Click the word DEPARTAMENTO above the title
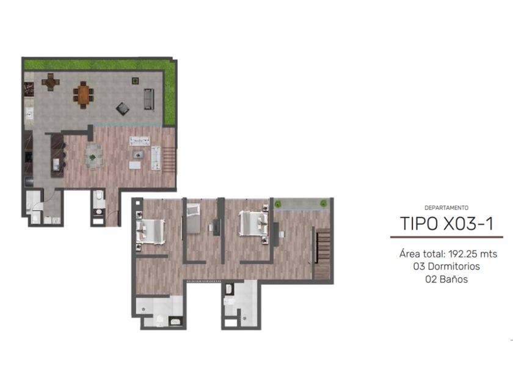[446, 208]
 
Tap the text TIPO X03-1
[446, 224]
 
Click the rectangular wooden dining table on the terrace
[83, 95]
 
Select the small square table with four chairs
[50, 82]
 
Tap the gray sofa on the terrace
[149, 99]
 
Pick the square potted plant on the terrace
[135, 81]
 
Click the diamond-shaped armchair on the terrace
[123, 109]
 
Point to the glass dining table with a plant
[93, 157]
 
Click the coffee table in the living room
[138, 154]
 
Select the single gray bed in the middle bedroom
[194, 218]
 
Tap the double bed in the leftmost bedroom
[150, 232]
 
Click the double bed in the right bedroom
[254, 223]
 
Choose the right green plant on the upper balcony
[323, 204]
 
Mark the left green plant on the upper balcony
[278, 204]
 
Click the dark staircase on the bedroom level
[322, 254]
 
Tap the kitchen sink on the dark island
[56, 164]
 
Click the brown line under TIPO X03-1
[446, 237]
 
